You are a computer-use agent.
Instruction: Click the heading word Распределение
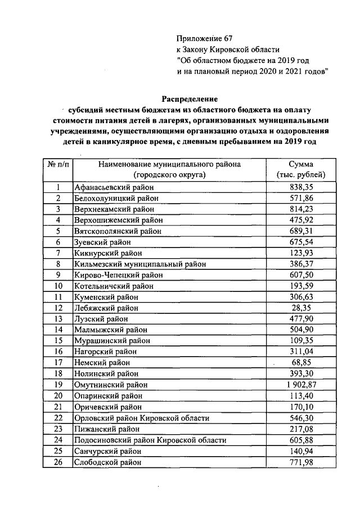pyautogui.click(x=190, y=98)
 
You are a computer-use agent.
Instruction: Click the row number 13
pyautogui.click(x=57, y=319)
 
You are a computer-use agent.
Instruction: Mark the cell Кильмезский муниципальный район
pyautogui.click(x=140, y=264)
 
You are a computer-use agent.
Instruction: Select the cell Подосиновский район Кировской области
pyautogui.click(x=150, y=440)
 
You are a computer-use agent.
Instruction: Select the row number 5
pyautogui.click(x=57, y=231)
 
